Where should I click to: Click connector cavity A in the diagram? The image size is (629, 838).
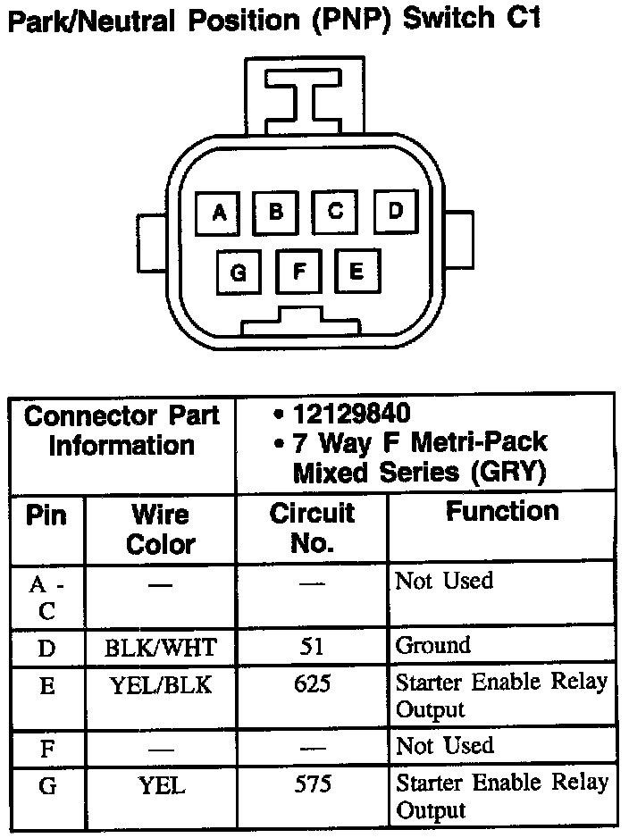pos(219,213)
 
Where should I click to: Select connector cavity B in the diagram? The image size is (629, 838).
pos(276,212)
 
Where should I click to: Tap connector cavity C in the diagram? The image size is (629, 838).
pos(335,212)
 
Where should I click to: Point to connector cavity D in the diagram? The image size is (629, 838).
pos(396,211)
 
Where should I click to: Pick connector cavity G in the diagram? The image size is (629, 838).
pos(239,272)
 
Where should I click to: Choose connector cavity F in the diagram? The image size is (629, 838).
pos(299,270)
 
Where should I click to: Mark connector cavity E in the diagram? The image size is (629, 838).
pos(356,270)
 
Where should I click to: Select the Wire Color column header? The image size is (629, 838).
pos(161,528)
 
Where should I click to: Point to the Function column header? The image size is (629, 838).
pos(502,512)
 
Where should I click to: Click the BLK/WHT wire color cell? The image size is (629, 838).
pos(161,646)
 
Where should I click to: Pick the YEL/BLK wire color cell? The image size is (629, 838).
pos(161,684)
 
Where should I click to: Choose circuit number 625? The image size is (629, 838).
pos(312,684)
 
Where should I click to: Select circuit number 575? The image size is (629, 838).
pos(312,784)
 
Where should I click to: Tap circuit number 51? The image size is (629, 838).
pos(312,646)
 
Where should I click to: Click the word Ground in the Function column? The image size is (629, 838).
pos(432,645)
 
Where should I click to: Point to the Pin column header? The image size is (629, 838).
pos(46,515)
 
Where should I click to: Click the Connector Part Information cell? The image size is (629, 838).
pos(122,431)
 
